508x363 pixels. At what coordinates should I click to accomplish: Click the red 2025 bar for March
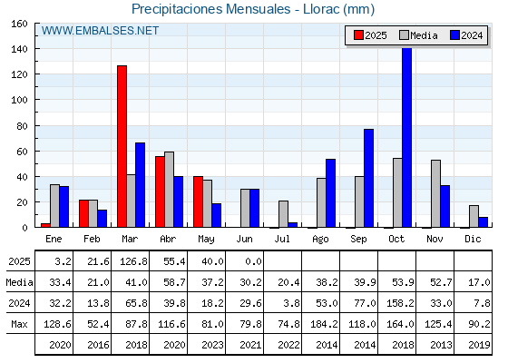point(122,146)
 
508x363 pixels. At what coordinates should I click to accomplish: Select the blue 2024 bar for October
point(407,137)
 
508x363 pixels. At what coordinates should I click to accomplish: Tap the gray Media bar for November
point(435,193)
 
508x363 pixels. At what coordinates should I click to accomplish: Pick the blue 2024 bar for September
point(368,178)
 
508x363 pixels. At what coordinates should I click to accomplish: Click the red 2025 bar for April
point(160,191)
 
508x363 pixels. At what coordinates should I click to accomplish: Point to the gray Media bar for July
point(283,214)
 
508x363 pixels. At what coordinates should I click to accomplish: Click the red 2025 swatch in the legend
point(358,35)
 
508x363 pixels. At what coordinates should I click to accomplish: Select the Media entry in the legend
point(418,35)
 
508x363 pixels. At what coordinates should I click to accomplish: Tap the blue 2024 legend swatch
point(454,35)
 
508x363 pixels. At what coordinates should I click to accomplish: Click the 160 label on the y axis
point(19,24)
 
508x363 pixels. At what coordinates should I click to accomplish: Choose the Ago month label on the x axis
point(320,240)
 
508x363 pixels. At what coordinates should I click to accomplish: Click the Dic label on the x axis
point(473,239)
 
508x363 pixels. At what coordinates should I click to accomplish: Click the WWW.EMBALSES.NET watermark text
point(100,31)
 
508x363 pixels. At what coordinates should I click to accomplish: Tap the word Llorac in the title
point(321,9)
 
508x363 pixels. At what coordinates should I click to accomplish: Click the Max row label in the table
point(19,324)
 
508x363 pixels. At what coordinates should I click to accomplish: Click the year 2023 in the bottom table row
point(212,345)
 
